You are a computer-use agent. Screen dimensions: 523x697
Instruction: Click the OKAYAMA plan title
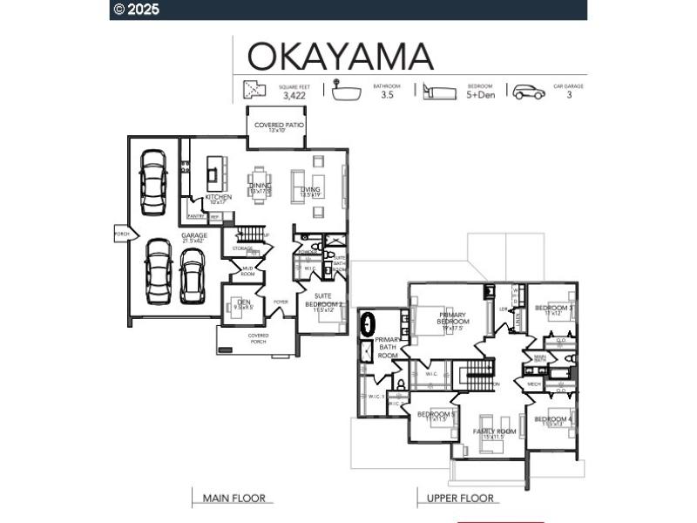341,56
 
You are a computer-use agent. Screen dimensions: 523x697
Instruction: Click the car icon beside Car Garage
528,92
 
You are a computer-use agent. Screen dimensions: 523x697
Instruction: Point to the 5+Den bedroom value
480,96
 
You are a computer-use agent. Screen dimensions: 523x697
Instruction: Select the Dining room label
261,187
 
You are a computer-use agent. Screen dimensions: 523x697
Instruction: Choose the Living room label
311,191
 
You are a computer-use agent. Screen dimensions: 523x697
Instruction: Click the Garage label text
193,236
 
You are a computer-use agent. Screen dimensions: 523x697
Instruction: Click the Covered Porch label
258,337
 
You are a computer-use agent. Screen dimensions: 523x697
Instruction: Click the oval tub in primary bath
369,323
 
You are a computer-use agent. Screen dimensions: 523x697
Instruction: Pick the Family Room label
495,431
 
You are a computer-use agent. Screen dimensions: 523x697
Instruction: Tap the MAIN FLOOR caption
233,499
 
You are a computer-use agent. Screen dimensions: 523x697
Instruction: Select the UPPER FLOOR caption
460,499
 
